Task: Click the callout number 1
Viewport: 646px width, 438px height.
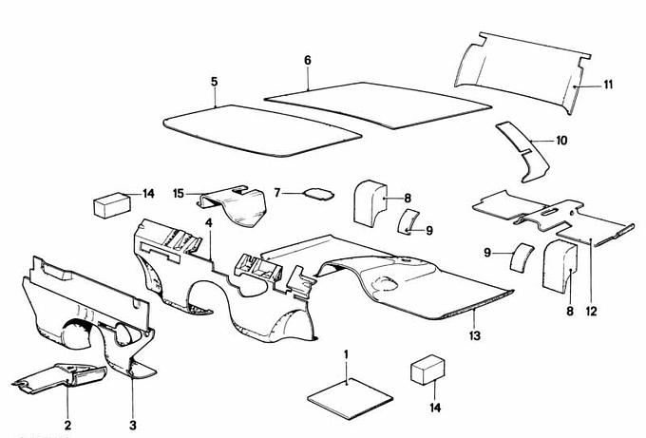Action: tap(347, 354)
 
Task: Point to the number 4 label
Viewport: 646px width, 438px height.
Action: tap(208, 223)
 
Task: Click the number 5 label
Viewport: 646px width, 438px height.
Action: tap(215, 82)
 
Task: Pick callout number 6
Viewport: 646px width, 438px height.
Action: tap(308, 60)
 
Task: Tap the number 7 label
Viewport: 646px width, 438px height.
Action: tap(277, 193)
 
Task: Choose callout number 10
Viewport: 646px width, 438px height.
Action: tap(561, 141)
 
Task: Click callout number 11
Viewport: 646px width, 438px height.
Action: tap(607, 85)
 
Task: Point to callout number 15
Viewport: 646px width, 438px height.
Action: tap(178, 193)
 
